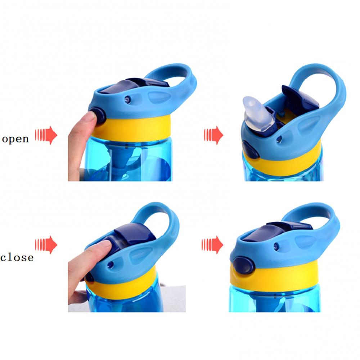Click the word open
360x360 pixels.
pyautogui.click(x=15, y=139)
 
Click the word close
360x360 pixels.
pyautogui.click(x=17, y=257)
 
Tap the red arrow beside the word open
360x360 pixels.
pyautogui.click(x=46, y=135)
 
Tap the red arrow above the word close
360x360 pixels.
pyautogui.click(x=46, y=245)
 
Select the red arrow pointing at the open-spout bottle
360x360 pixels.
pyautogui.click(x=213, y=135)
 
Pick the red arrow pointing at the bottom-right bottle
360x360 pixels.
pyautogui.click(x=212, y=245)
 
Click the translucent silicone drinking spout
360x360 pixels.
pyautogui.click(x=258, y=112)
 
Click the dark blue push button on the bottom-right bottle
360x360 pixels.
pyautogui.click(x=244, y=265)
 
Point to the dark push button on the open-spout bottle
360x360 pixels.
pyautogui.click(x=251, y=150)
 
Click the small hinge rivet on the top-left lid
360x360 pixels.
pyautogui.click(x=127, y=99)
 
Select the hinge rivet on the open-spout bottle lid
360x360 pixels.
pyautogui.click(x=279, y=139)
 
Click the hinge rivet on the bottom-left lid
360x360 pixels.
pyautogui.click(x=111, y=265)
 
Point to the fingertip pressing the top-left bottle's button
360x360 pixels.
pyautogui.click(x=91, y=117)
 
